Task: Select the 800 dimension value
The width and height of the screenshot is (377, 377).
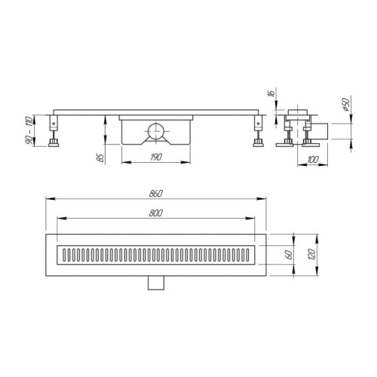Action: [x=157, y=215]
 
